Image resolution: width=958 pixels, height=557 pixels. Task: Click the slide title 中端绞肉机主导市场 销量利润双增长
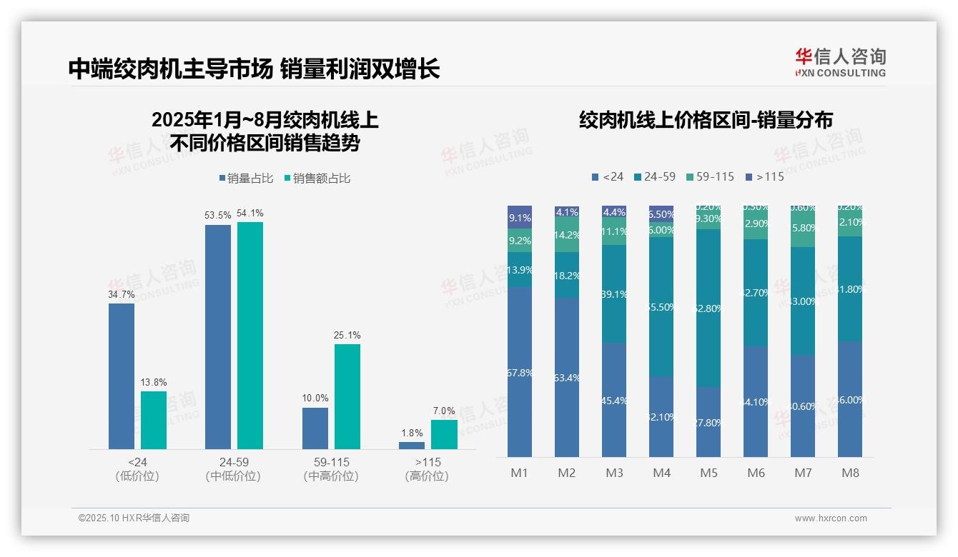point(254,69)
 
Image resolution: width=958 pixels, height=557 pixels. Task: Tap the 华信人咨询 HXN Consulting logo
point(840,62)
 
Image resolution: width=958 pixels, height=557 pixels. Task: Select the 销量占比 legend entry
point(246,179)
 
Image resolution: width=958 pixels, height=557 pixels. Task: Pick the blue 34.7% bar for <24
point(122,376)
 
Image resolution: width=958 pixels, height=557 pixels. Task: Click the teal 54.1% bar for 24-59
point(250,335)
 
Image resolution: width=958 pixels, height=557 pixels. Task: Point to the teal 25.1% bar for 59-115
point(347,396)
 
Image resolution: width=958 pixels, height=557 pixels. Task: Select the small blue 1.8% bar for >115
point(412,446)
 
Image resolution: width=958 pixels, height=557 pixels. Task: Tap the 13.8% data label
point(153,383)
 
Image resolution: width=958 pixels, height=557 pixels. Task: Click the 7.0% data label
point(444,411)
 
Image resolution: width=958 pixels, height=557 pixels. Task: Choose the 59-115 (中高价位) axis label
point(331,468)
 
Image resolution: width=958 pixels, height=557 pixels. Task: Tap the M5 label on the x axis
point(708,473)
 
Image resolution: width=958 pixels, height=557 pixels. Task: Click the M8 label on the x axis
point(850,473)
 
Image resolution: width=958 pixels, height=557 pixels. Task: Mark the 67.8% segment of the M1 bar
point(520,372)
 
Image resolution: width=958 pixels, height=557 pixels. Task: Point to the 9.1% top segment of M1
point(520,217)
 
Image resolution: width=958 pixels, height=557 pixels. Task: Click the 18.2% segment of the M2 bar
point(567,275)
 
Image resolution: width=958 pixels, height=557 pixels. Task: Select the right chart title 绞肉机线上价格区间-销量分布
point(706,121)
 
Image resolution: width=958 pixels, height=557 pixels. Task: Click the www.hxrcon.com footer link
point(830,518)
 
